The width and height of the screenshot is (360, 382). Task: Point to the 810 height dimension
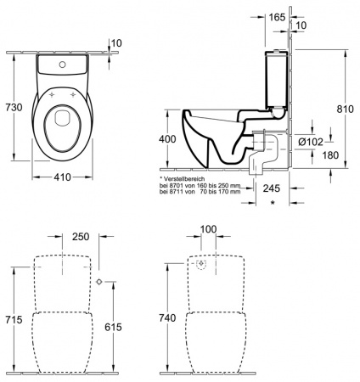click(346, 110)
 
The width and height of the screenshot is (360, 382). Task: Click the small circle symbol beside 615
click(99, 281)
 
